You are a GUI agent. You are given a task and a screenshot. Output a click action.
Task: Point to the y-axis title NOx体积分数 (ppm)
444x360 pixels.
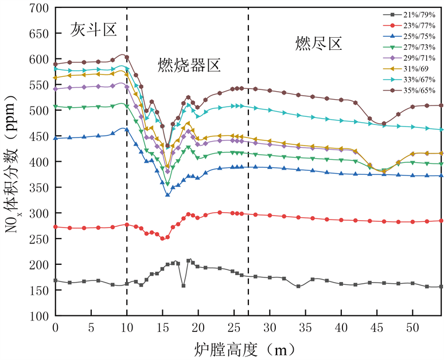click(13, 162)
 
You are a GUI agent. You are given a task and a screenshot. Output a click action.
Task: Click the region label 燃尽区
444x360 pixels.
click(318, 43)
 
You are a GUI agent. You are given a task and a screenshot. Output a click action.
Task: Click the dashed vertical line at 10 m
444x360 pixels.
click(127, 172)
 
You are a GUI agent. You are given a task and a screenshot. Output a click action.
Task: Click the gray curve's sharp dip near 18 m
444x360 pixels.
click(184, 285)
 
